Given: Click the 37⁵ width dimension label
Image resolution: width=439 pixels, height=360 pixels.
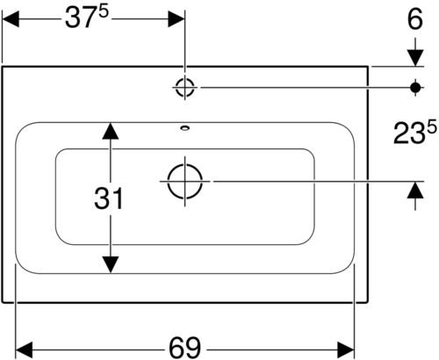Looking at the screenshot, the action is pyautogui.click(x=87, y=18).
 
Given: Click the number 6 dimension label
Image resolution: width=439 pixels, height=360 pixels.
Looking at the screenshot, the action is pyautogui.click(x=415, y=19).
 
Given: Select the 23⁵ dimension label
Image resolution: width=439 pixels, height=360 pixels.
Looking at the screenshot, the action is pyautogui.click(x=414, y=133).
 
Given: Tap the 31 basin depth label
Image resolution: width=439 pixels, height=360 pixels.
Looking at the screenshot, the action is pyautogui.click(x=109, y=198).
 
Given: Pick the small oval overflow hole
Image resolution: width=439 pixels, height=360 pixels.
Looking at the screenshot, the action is pyautogui.click(x=185, y=127).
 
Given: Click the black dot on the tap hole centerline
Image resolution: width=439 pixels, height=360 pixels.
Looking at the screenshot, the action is pyautogui.click(x=415, y=87).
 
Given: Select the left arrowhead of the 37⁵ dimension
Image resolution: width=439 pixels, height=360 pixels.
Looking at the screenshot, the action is pyautogui.click(x=11, y=19).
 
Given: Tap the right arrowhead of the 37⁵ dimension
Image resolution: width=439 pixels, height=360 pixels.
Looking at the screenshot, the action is pyautogui.click(x=176, y=19).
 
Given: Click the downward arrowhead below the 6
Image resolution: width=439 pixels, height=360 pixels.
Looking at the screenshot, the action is pyautogui.click(x=415, y=58).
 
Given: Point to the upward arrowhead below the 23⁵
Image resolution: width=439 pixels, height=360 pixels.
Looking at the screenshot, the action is pyautogui.click(x=415, y=190).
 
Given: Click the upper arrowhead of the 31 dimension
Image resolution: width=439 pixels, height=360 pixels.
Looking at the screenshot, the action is pyautogui.click(x=110, y=131).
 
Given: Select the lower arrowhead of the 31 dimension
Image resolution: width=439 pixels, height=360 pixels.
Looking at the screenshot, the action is pyautogui.click(x=110, y=264).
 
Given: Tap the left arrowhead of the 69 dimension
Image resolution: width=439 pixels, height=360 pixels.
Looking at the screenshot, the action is pyautogui.click(x=24, y=349).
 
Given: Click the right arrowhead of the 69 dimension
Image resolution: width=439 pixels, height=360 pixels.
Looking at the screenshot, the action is pyautogui.click(x=346, y=349).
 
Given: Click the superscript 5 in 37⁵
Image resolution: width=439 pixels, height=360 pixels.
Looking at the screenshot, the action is pyautogui.click(x=104, y=13).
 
